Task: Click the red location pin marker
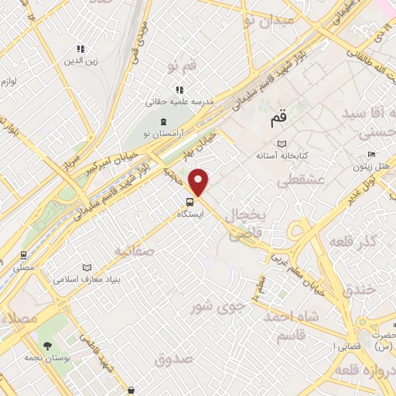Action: (x=200, y=182)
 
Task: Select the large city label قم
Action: (x=278, y=120)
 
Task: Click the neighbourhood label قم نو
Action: (x=183, y=67)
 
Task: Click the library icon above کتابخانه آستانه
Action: (x=282, y=144)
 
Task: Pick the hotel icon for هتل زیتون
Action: (x=372, y=154)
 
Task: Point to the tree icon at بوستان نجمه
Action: (x=48, y=345)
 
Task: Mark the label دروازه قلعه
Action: (x=365, y=374)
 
